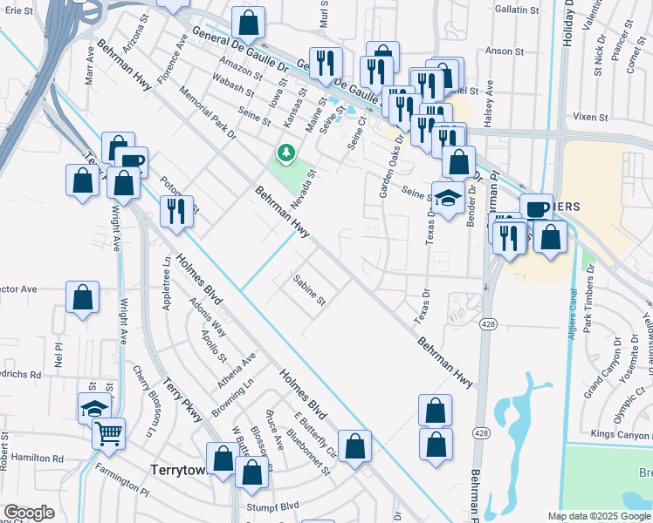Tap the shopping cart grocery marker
(108, 432)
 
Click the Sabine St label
(309, 291)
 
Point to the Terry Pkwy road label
(182, 400)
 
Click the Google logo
(29, 513)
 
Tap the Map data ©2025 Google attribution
(599, 516)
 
